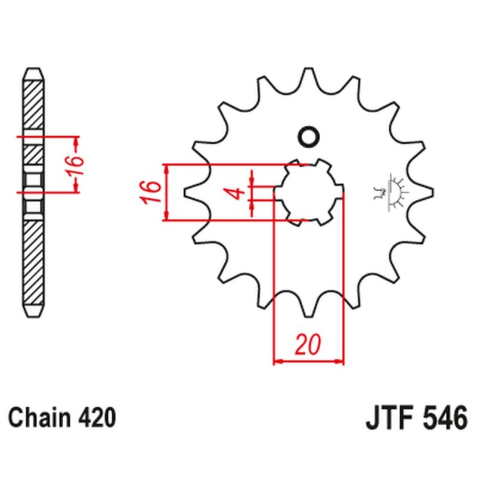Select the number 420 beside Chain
[x=95, y=417]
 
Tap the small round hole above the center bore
[x=309, y=137]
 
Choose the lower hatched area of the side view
[x=33, y=262]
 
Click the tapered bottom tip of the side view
[x=33, y=312]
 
